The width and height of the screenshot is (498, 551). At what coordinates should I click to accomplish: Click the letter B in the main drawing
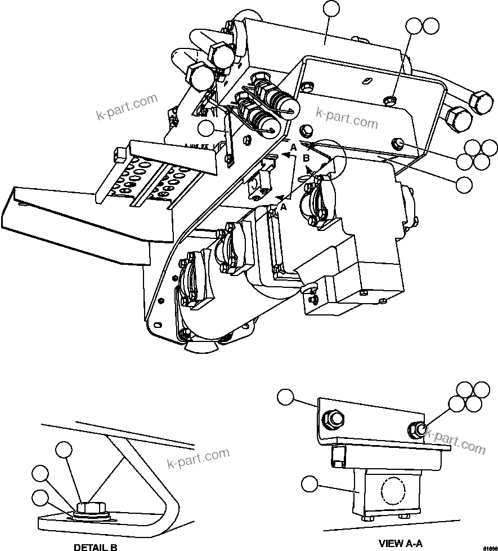(x=306, y=158)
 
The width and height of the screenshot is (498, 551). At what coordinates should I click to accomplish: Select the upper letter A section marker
(x=293, y=148)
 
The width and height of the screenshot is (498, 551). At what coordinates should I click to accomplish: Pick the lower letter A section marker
(x=284, y=207)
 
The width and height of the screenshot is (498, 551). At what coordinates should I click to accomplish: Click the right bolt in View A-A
(x=419, y=429)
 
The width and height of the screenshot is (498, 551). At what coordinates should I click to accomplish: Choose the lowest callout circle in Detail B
(x=39, y=497)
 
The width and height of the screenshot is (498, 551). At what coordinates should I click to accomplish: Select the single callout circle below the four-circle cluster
(x=464, y=183)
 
